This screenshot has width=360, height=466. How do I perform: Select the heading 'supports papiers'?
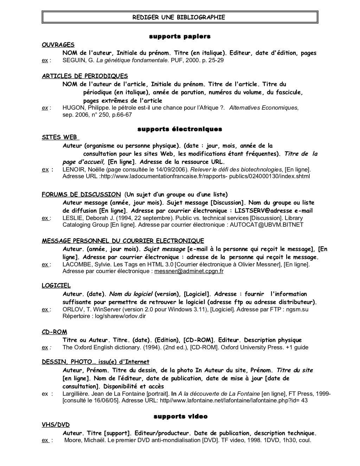(180, 37)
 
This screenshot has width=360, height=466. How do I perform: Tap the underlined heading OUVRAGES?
(58, 45)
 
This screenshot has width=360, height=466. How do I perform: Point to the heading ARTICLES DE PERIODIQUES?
(85, 76)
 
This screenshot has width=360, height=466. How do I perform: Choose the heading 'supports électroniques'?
(180, 129)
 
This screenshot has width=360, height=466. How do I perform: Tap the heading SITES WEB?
(60, 137)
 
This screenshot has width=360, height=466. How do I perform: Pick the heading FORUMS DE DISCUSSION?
(81, 194)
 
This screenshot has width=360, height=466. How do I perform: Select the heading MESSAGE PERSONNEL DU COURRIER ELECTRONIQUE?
(123, 241)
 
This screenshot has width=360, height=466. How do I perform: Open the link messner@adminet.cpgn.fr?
(189, 271)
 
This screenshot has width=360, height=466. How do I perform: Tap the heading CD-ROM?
(54, 332)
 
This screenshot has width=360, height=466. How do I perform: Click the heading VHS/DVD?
(56, 425)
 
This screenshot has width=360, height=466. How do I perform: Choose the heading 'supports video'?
(180, 416)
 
